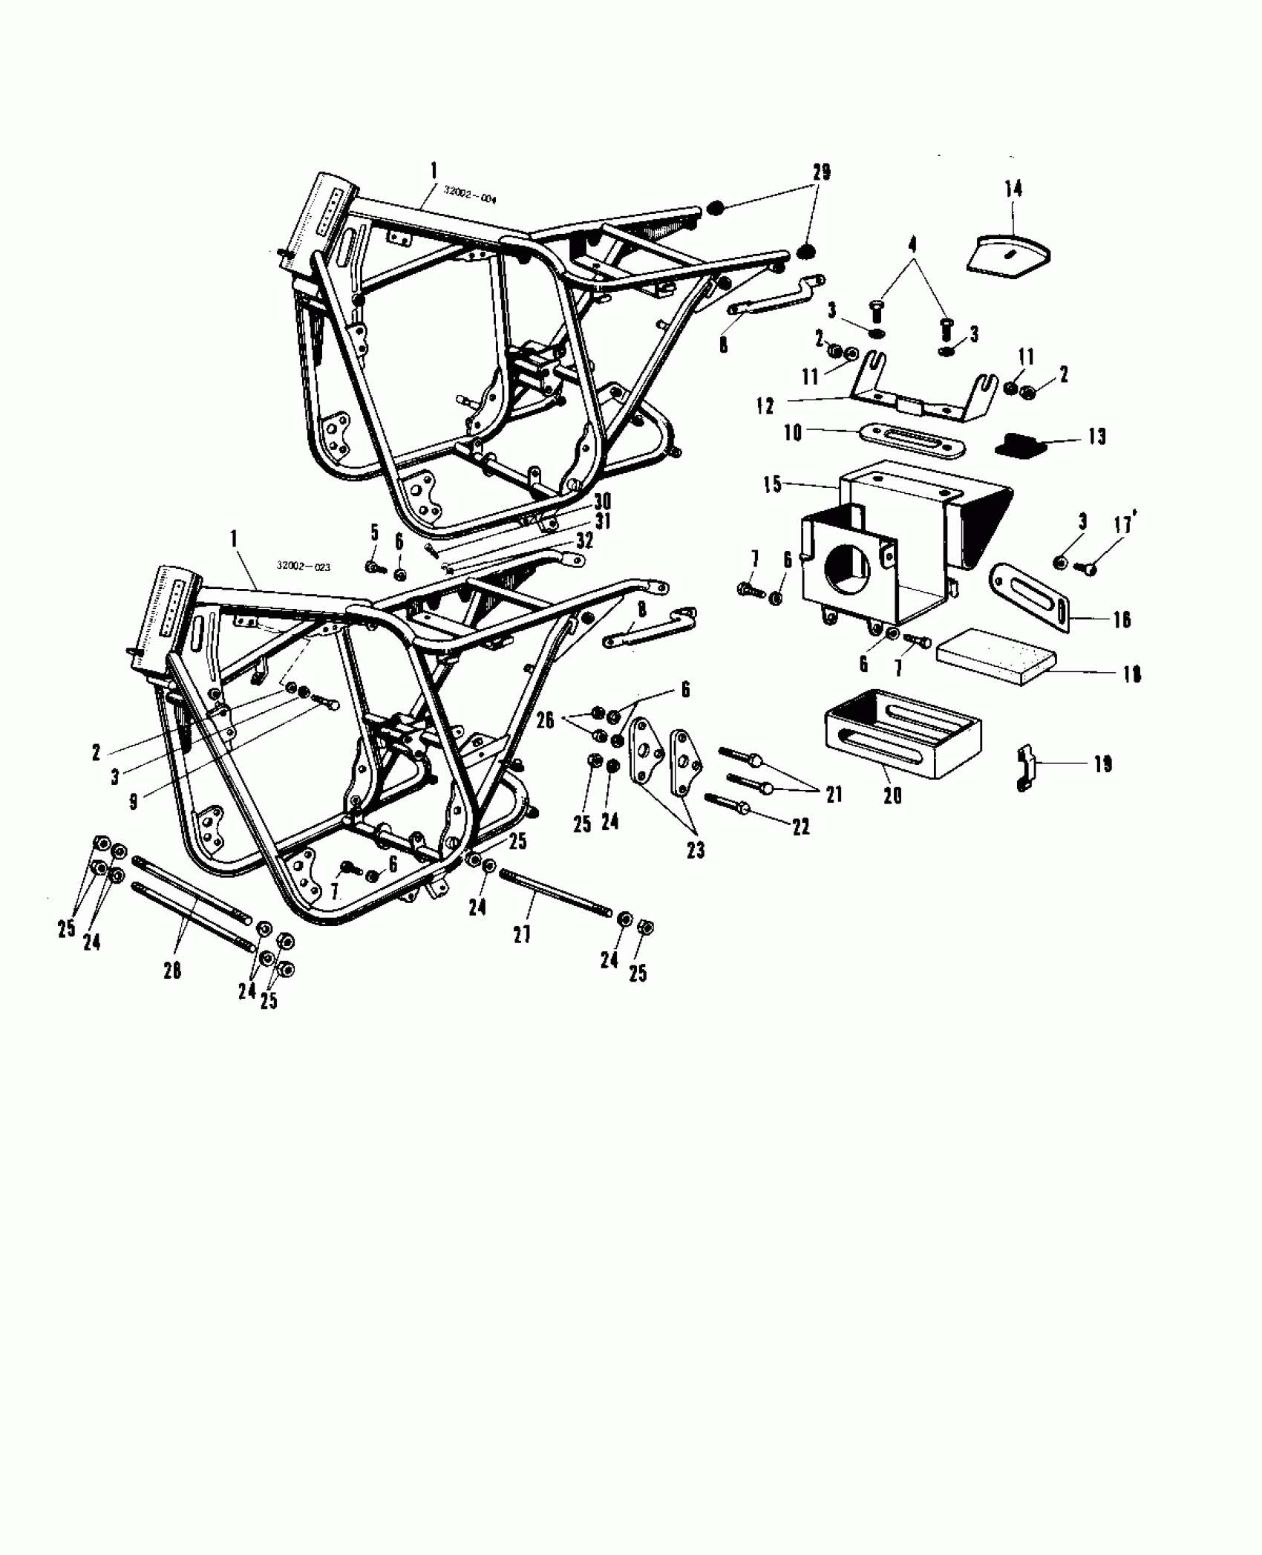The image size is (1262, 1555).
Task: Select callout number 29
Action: (x=821, y=172)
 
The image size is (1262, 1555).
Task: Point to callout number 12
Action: (x=765, y=406)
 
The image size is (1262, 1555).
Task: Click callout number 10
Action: (x=793, y=433)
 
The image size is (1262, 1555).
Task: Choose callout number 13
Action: (x=1096, y=437)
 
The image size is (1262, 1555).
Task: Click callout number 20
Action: (x=892, y=795)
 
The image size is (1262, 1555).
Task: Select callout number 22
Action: (x=800, y=827)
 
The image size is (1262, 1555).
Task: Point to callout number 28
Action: (x=172, y=971)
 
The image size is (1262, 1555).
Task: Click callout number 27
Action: (x=522, y=934)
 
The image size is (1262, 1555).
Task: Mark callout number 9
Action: (x=134, y=802)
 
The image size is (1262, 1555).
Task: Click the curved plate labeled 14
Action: (x=1010, y=255)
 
